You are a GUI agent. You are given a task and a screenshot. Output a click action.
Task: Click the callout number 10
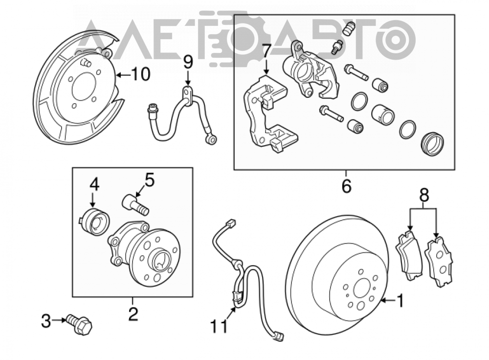[x=140, y=74]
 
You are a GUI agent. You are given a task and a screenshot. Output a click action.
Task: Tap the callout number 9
[x=188, y=62]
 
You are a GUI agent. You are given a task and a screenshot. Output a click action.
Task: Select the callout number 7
[x=266, y=52]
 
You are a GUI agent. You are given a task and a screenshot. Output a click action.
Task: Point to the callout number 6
[x=347, y=186]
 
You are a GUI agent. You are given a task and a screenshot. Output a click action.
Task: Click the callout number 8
[x=424, y=195]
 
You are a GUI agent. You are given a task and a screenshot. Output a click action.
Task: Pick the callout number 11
[x=219, y=326]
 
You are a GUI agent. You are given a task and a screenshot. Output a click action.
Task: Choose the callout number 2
[x=133, y=314]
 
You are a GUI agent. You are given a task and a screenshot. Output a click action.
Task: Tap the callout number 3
[x=46, y=321]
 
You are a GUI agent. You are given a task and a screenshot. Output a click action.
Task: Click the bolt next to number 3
[x=79, y=324]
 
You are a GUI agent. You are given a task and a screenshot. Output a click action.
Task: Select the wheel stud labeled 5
[x=135, y=204]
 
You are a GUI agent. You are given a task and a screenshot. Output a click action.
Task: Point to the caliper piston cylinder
[x=381, y=114]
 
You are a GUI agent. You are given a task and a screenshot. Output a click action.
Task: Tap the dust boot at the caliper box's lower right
[x=433, y=144]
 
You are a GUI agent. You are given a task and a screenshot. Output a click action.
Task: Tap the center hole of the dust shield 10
[x=83, y=87]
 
